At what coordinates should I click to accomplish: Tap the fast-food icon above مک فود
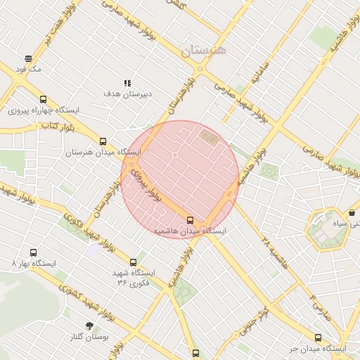pyautogui.click(x=28, y=58)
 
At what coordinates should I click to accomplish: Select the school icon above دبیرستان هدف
pyautogui.click(x=127, y=82)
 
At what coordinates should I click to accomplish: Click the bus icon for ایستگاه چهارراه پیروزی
pyautogui.click(x=44, y=100)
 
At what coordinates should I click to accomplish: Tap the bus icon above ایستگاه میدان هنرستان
pyautogui.click(x=103, y=141)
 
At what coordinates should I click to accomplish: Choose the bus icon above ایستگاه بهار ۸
pyautogui.click(x=33, y=252)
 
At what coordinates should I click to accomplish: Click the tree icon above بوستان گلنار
pyautogui.click(x=89, y=326)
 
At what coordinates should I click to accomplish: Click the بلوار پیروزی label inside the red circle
pyautogui.click(x=148, y=184)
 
